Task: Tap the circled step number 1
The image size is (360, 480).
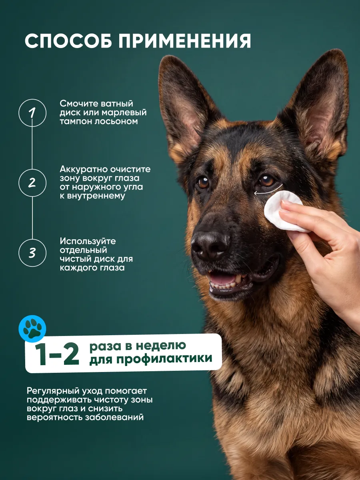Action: click(32, 113)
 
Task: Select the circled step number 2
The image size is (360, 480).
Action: click(32, 182)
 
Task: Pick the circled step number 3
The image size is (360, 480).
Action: click(32, 253)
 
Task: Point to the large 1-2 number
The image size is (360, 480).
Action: click(57, 354)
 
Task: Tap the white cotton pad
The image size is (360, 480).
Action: click(284, 211)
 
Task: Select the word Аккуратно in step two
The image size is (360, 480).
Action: click(84, 169)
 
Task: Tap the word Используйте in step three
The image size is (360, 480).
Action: click(88, 241)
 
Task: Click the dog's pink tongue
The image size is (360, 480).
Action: click(222, 279)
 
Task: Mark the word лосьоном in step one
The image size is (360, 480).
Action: click(116, 121)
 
